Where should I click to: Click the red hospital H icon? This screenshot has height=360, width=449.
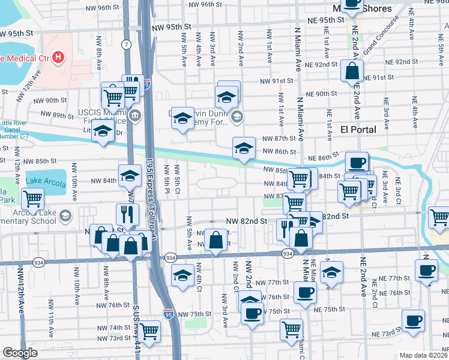click(58, 58)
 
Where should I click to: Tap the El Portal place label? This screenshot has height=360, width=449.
click(358, 130)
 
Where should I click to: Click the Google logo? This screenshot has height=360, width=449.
click(20, 353)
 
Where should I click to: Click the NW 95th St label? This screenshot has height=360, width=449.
click(171, 27)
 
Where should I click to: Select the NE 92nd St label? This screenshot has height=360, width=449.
click(401, 62)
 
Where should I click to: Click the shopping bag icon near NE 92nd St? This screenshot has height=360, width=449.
click(352, 71)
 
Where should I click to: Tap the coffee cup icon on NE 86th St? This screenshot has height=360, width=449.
click(357, 164)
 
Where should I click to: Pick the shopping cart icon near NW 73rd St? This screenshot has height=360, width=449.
click(149, 331)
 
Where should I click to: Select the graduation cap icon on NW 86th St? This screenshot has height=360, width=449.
click(243, 149)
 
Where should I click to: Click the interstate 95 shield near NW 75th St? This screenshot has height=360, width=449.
click(169, 313)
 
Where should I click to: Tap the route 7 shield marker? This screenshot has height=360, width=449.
click(126, 45)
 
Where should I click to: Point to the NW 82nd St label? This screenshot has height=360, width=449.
click(246, 221)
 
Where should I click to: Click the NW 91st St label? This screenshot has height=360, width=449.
click(276, 81)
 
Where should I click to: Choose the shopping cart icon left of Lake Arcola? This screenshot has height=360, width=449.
click(32, 199)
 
